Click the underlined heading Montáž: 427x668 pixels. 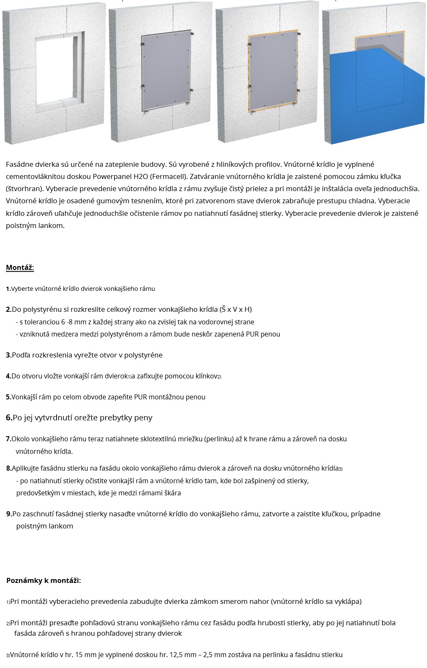[20, 267]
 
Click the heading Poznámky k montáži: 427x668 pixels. [44, 580]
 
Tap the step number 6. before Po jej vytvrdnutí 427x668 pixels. [9, 417]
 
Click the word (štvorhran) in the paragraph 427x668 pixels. [24, 189]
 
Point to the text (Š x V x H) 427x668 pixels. [236, 309]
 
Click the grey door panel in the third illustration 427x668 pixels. [273, 71]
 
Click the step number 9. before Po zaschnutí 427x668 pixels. [9, 514]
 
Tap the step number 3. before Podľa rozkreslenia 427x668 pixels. [8, 355]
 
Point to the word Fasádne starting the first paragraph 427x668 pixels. [20, 164]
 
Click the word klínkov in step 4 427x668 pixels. [206, 376]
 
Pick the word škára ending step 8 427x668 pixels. [172, 493]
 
